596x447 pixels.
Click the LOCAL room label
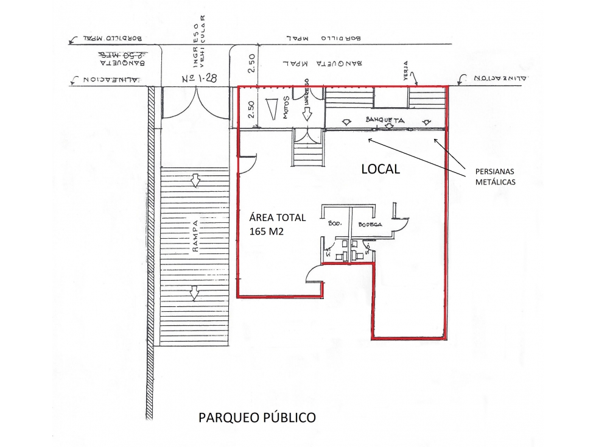[380, 169]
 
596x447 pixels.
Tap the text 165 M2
[267, 231]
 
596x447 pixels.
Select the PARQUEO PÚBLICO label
[257, 418]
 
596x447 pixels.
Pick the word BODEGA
[370, 225]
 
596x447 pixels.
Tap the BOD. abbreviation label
[335, 224]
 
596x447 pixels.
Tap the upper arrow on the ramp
[194, 181]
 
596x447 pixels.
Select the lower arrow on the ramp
[194, 293]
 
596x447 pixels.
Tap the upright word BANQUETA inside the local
[385, 120]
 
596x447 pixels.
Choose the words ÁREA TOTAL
[278, 217]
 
